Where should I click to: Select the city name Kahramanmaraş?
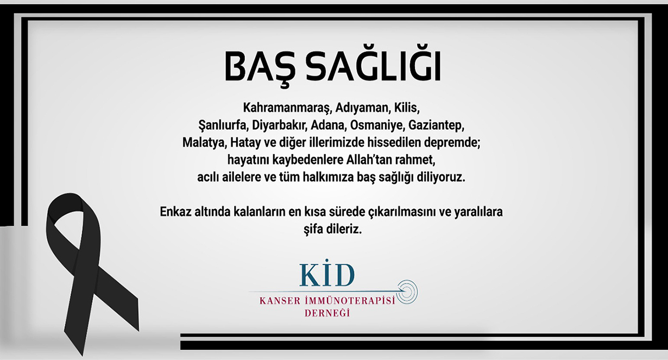pos(287,108)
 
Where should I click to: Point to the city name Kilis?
pos(407,108)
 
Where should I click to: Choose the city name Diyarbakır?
pos(279,125)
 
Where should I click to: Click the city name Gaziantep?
pos(436,125)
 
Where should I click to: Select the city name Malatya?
pos(204,143)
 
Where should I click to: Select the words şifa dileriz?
pos(332,229)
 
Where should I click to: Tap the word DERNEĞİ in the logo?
pos(327,313)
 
